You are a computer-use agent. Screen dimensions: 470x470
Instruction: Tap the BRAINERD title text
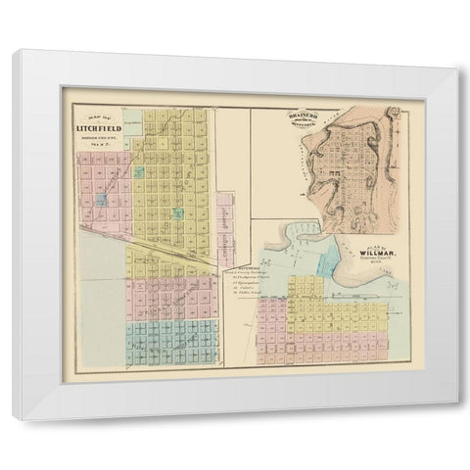[x=305, y=117]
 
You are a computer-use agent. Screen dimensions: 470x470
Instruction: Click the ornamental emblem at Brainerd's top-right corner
[x=393, y=116]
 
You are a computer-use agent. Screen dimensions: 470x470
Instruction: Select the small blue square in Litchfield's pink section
[x=102, y=200]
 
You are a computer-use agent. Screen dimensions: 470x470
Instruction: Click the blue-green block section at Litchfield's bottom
[x=171, y=343]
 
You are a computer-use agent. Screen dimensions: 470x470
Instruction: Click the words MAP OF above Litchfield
[x=98, y=117]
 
